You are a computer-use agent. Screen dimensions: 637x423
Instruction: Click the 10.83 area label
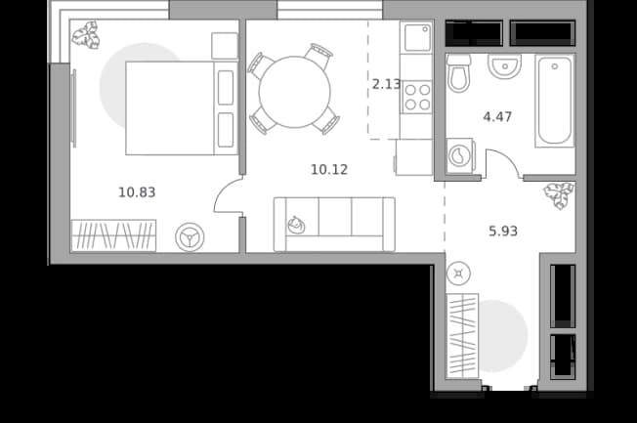point(137,192)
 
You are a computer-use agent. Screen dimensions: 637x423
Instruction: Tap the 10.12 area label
point(329,169)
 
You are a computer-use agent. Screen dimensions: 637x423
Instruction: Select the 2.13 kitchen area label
point(386,84)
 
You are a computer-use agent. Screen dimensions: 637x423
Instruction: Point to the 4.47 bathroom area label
point(497,117)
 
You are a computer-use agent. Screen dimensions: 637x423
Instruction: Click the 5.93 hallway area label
point(503,232)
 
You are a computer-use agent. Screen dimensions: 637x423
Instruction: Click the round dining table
point(294,92)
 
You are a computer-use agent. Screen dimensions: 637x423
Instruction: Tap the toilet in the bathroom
point(458,73)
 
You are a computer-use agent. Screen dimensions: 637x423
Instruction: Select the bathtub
point(555,101)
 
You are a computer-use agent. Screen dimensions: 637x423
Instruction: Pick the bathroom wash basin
point(504,66)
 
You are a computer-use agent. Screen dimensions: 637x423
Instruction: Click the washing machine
point(460,155)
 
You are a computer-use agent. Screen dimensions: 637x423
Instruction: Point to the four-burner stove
point(417,97)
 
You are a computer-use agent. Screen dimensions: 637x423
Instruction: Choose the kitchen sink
point(417,38)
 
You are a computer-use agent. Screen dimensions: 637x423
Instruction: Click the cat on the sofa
point(297,225)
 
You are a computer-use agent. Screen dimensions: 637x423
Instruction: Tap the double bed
point(182,108)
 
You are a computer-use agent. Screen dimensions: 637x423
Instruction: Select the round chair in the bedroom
point(190,236)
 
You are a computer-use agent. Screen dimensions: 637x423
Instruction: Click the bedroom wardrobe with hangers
point(113,235)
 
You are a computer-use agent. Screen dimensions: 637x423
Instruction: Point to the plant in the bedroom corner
point(86,35)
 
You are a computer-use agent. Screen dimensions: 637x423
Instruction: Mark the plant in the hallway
point(560,195)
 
